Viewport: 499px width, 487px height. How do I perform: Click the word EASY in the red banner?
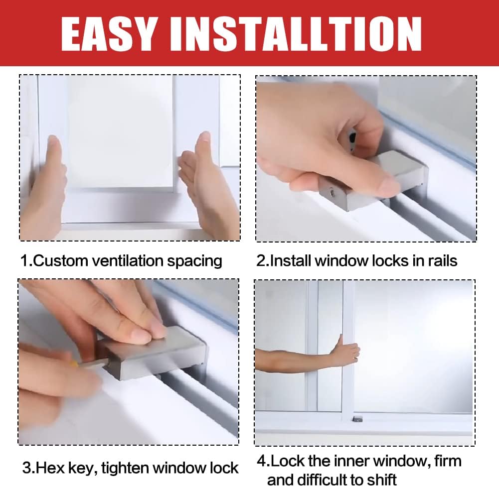click(109, 34)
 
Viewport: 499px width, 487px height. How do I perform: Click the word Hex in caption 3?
click(50, 468)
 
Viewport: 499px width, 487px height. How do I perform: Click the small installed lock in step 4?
click(358, 419)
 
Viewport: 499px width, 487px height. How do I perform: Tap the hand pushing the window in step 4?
click(345, 351)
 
